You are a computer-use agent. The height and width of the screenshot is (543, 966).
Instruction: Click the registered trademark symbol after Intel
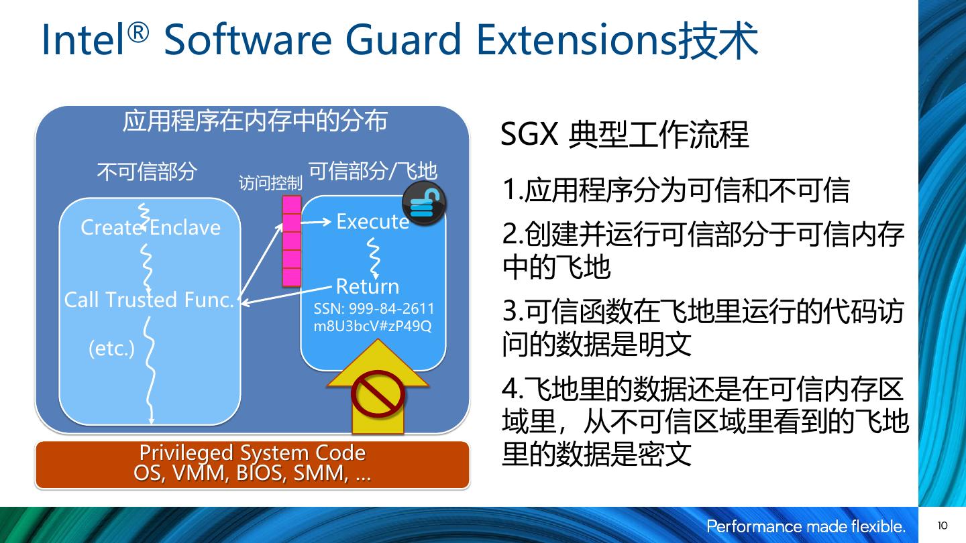click(138, 33)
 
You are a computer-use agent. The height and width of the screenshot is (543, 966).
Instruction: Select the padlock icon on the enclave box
click(424, 203)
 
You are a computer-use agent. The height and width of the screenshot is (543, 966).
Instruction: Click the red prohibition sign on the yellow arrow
click(378, 394)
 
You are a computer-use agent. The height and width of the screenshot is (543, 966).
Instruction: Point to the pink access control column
click(292, 241)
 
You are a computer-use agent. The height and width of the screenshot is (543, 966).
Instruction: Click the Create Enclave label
click(150, 227)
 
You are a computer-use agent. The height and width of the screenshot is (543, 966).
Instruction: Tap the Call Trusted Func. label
click(149, 300)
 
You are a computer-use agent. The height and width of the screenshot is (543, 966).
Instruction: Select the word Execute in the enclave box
click(372, 221)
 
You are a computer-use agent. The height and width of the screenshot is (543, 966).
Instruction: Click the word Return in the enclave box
click(368, 287)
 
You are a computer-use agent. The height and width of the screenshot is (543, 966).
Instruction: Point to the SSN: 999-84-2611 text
click(374, 308)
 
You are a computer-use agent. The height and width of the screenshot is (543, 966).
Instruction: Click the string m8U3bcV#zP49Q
click(372, 326)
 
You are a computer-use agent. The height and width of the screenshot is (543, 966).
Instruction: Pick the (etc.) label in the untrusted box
click(111, 348)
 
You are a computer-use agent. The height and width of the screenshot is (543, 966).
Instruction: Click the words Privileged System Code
click(252, 452)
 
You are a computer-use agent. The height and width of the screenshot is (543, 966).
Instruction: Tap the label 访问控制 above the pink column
click(270, 183)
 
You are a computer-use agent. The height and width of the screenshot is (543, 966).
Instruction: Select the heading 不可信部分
click(147, 172)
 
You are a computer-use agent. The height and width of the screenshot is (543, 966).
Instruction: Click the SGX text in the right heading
click(529, 135)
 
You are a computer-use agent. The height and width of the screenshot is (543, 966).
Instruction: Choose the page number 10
click(943, 526)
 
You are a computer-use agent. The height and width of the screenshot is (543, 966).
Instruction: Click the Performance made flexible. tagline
click(806, 526)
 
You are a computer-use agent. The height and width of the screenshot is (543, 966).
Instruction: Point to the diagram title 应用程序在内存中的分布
click(255, 121)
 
